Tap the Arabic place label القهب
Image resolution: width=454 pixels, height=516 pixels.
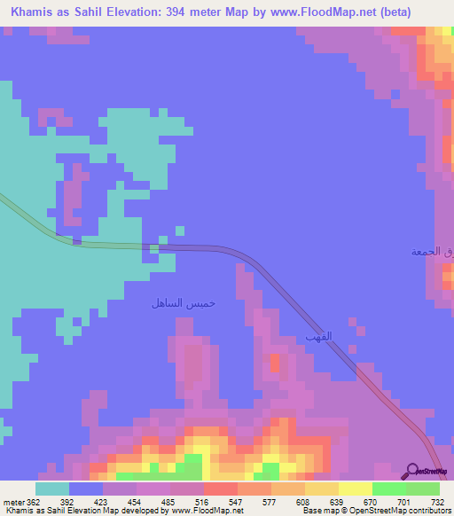click(317, 336)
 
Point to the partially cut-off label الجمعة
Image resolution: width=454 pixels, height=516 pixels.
click(432, 252)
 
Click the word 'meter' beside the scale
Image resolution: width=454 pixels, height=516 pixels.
click(13, 502)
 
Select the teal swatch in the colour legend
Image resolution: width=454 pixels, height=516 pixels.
click(52, 489)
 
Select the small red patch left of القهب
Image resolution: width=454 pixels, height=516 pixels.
click(275, 362)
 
